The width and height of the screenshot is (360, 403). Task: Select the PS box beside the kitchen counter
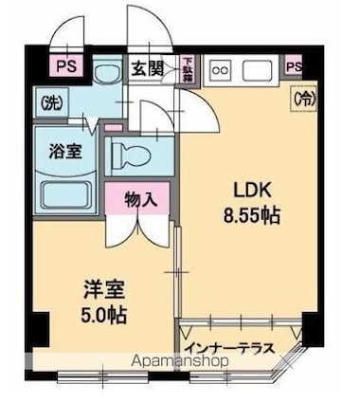tap(294, 67)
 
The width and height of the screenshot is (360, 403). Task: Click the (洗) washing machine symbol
tap(48, 101)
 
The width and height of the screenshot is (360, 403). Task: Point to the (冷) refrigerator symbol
tap(303, 96)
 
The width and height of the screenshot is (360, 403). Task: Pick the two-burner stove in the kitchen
tap(221, 68)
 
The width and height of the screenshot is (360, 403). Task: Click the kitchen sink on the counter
tap(259, 68)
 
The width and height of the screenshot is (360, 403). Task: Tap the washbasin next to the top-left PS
tap(106, 72)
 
